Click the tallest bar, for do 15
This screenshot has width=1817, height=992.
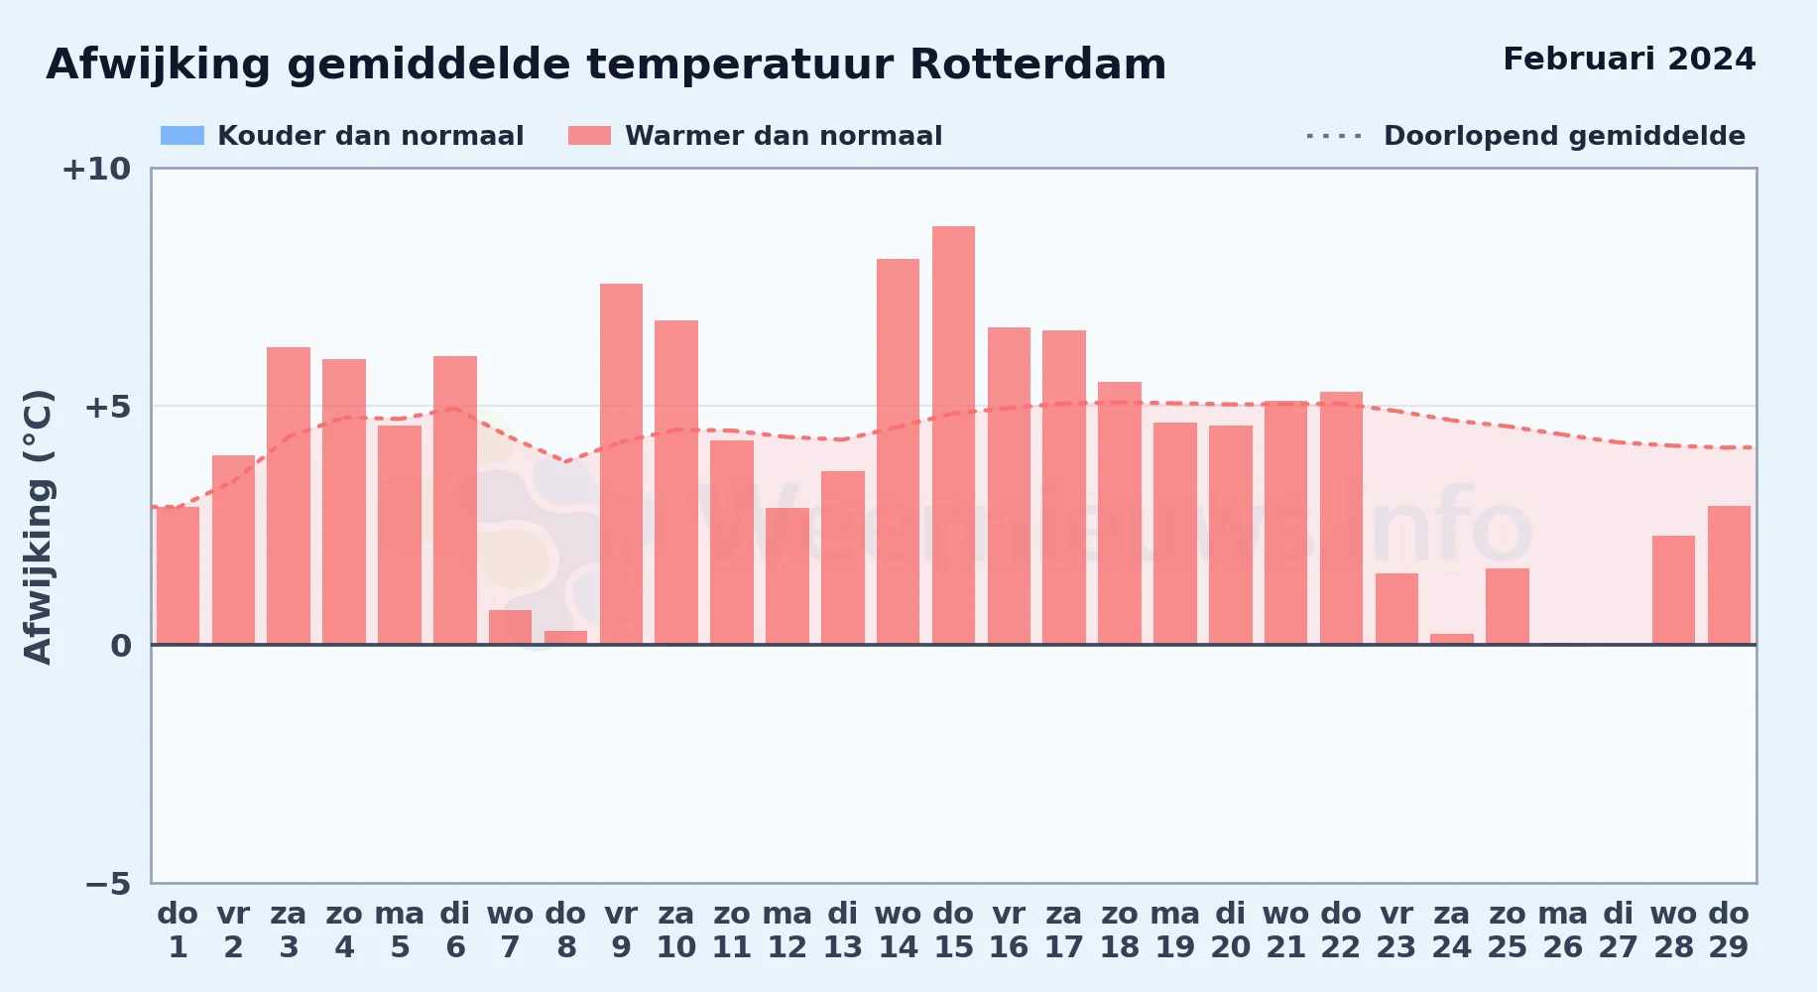click(x=953, y=435)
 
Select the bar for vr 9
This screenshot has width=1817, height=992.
click(x=621, y=464)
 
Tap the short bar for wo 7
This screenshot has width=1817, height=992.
click(x=510, y=627)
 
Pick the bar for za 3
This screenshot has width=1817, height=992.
click(x=289, y=496)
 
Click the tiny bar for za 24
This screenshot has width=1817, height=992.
click(x=1452, y=639)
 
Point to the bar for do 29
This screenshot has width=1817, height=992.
click(x=1729, y=575)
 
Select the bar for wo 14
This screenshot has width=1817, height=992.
click(x=898, y=451)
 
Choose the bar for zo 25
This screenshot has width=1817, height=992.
click(x=1508, y=606)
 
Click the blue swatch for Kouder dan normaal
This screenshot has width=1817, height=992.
click(x=182, y=136)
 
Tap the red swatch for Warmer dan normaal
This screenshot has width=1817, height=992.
click(x=589, y=136)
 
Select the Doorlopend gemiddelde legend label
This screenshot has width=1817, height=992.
click(x=1564, y=136)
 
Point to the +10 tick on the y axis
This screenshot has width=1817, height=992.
click(x=96, y=169)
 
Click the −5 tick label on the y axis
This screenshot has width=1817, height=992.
click(x=108, y=883)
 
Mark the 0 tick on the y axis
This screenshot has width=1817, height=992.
click(x=121, y=646)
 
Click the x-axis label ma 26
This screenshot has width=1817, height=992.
click(x=1562, y=930)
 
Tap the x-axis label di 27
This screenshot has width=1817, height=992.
click(x=1618, y=930)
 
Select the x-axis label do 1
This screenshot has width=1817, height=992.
click(x=178, y=930)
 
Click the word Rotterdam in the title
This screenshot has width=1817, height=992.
click(x=1037, y=64)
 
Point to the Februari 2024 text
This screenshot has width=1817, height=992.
click(x=1630, y=59)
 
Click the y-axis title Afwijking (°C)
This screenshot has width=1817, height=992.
click(x=38, y=526)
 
